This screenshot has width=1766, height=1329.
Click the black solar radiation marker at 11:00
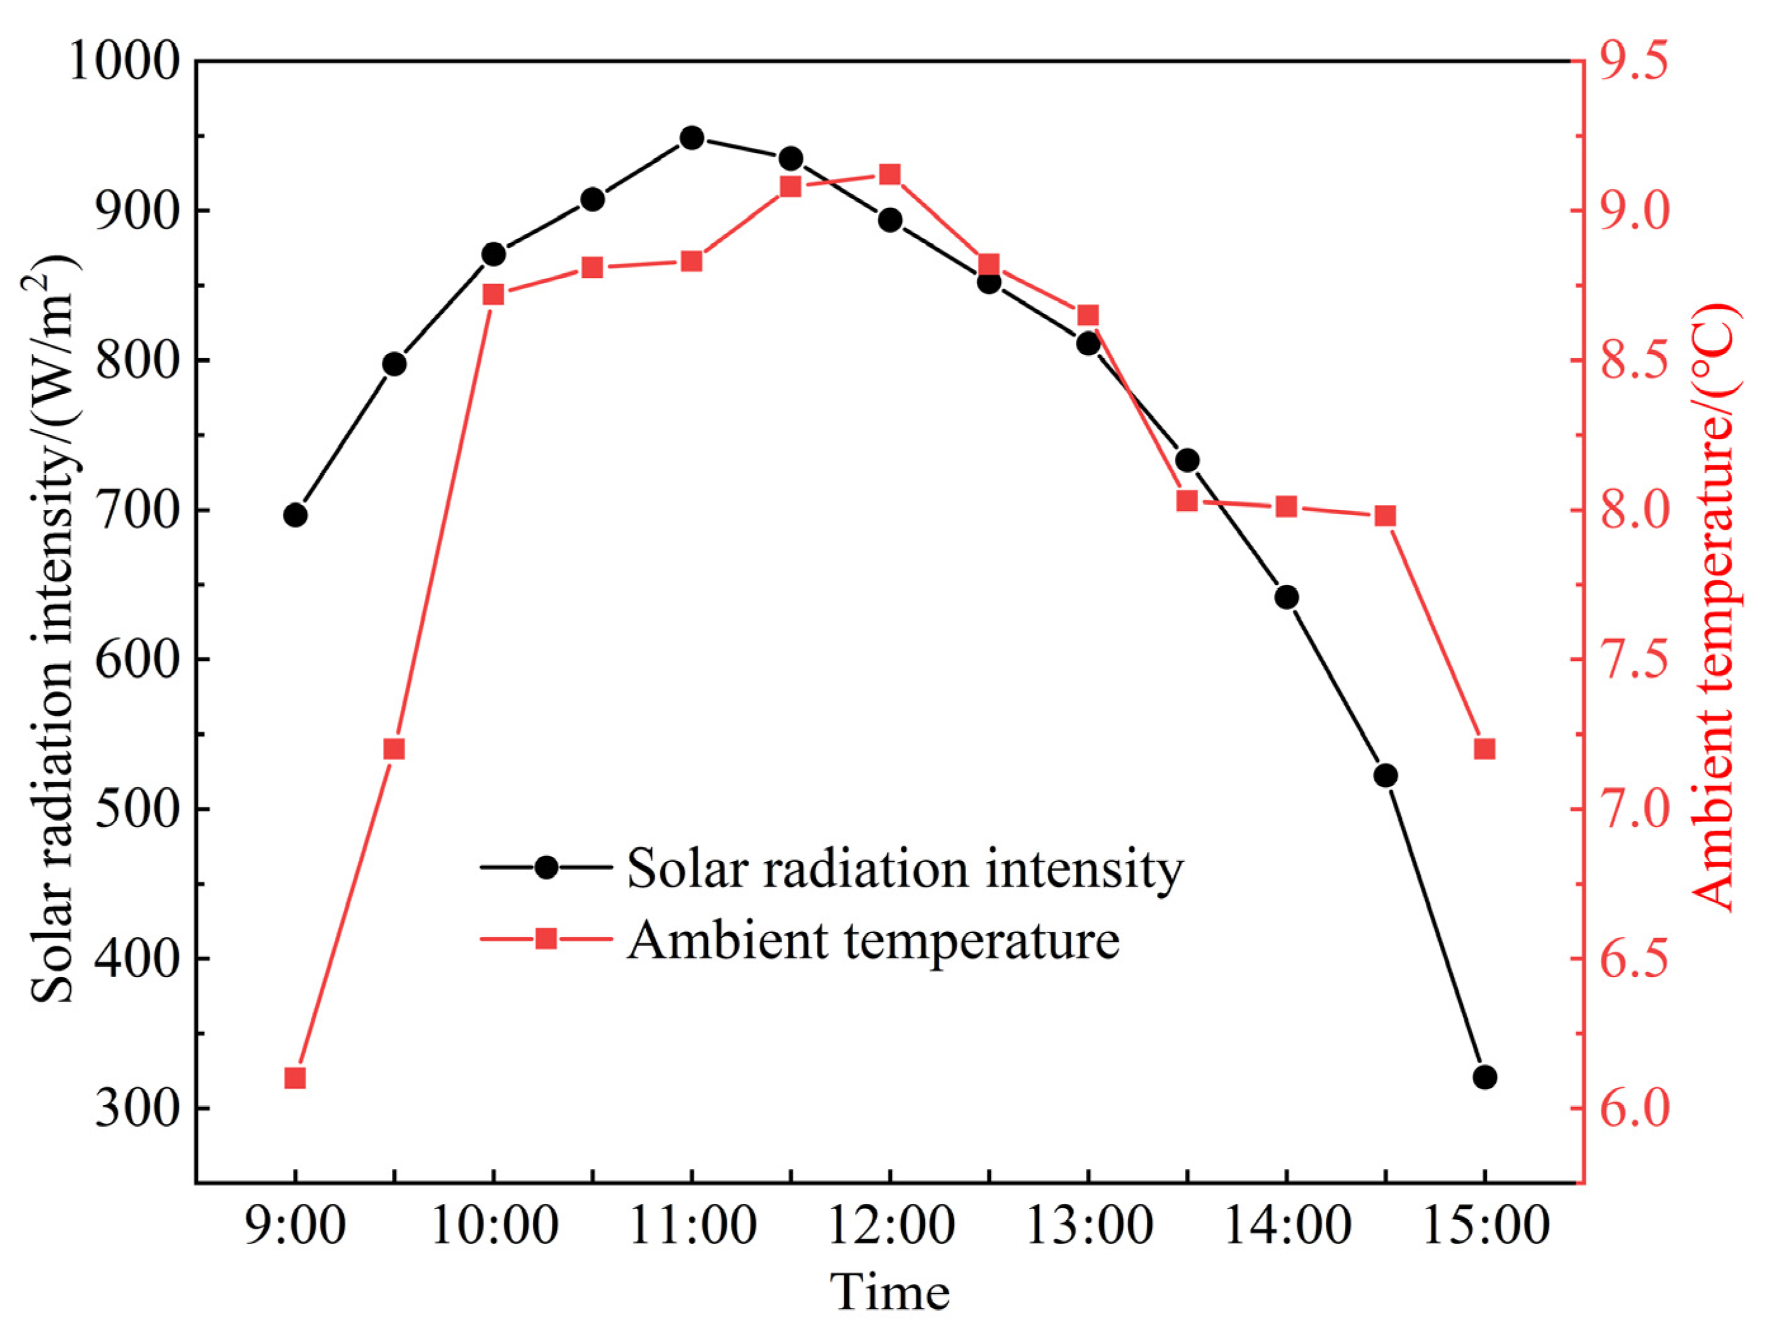tap(691, 137)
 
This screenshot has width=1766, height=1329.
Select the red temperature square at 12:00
tap(889, 175)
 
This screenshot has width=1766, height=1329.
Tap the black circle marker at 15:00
tap(1484, 1077)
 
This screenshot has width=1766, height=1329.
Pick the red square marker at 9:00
tap(294, 1078)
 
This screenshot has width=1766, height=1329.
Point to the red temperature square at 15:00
tap(1484, 749)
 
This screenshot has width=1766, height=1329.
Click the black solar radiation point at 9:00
tap(294, 515)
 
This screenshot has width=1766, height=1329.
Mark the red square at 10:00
tap(494, 294)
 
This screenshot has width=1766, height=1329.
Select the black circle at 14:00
tap(1286, 597)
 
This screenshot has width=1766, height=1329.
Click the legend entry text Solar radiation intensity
tap(905, 868)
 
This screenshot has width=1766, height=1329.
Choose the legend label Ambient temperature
tap(873, 939)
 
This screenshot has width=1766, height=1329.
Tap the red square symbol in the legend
tap(546, 938)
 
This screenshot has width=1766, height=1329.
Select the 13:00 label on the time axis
tap(1088, 1225)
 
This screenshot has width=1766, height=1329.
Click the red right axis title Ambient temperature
tap(1713, 606)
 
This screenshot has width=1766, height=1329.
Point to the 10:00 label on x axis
tap(494, 1225)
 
